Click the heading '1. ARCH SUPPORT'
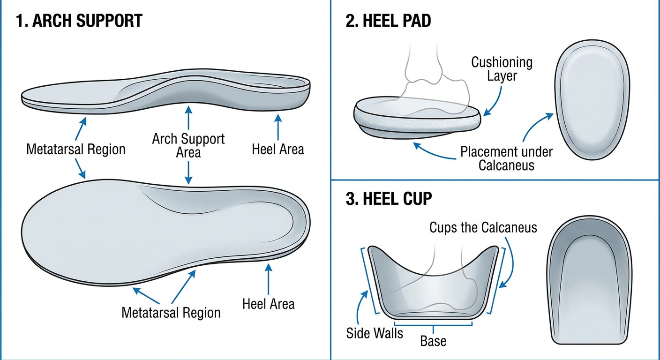tap(79, 21)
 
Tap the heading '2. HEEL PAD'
tap(388, 21)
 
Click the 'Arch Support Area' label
tap(188, 145)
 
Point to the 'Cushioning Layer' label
tap(502, 69)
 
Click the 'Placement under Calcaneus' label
tap(506, 158)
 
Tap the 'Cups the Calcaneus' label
tap(483, 227)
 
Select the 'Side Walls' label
tap(375, 333)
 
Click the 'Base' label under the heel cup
tap(433, 341)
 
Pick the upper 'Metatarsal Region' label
tap(76, 149)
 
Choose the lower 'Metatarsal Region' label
tap(171, 313)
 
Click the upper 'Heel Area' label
tap(278, 149)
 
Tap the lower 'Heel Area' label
tap(269, 304)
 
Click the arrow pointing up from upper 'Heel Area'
tap(278, 127)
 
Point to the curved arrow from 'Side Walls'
tap(360, 307)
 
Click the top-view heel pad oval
tap(592, 100)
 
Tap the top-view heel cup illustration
tap(590, 280)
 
